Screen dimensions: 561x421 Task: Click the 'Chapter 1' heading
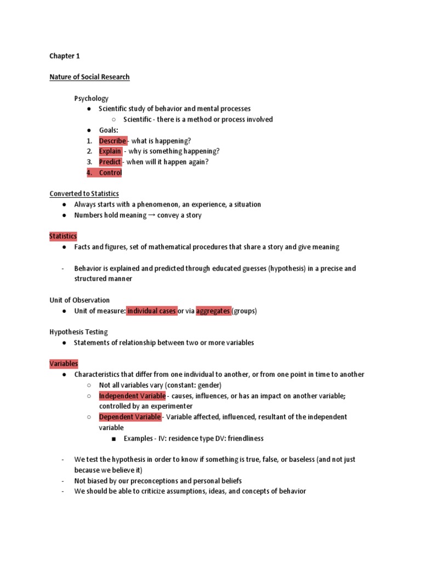pyautogui.click(x=65, y=56)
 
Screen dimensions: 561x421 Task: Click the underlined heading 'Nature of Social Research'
pyautogui.click(x=89, y=77)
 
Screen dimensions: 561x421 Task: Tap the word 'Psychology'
pyautogui.click(x=92, y=99)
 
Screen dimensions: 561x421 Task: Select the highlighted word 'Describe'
pyautogui.click(x=112, y=141)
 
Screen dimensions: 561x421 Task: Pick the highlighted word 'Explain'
pyautogui.click(x=110, y=151)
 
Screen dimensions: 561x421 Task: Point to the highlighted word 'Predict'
pyautogui.click(x=110, y=162)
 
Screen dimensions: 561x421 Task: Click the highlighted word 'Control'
pyautogui.click(x=110, y=173)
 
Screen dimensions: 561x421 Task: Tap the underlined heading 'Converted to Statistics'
pyautogui.click(x=84, y=193)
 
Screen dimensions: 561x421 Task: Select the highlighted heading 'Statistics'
pyautogui.click(x=63, y=236)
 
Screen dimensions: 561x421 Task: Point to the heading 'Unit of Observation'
pyautogui.click(x=79, y=300)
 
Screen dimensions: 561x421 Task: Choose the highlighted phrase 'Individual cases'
pyautogui.click(x=152, y=311)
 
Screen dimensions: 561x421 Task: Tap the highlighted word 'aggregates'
pyautogui.click(x=213, y=311)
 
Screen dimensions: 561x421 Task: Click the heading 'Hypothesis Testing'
pyautogui.click(x=78, y=332)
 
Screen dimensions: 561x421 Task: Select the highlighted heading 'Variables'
pyautogui.click(x=64, y=364)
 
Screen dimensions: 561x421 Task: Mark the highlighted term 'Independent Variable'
pyautogui.click(x=132, y=396)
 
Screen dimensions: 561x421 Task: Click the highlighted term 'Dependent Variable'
pyautogui.click(x=130, y=417)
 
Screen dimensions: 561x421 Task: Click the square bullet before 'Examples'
pyautogui.click(x=113, y=439)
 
